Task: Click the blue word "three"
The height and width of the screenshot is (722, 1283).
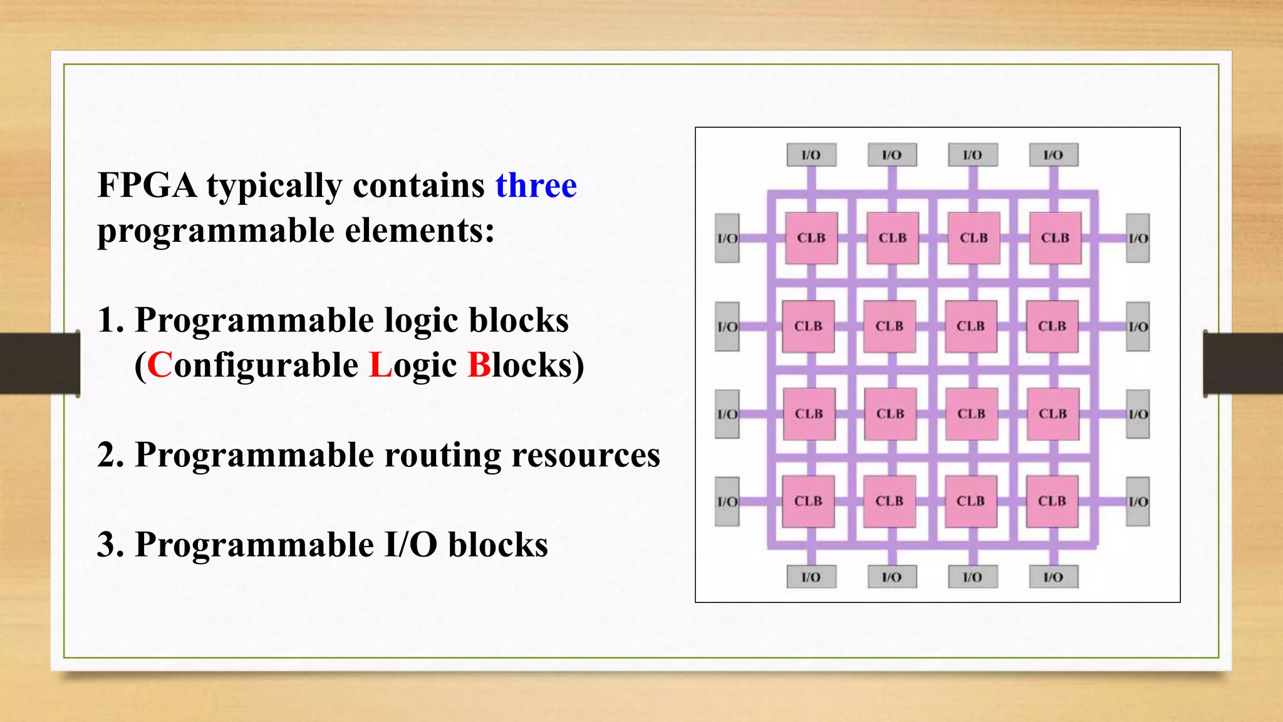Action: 536,186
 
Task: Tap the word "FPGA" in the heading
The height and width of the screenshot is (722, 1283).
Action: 147,186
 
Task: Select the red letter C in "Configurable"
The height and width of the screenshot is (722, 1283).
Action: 160,365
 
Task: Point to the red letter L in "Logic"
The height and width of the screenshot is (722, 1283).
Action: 380,365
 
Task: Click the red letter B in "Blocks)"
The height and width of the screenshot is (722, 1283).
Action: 479,365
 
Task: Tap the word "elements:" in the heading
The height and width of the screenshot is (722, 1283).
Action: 420,231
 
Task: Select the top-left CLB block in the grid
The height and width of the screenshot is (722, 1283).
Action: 811,238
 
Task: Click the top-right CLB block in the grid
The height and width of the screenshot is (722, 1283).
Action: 1055,238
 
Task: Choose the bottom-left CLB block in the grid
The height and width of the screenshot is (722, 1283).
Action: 808,501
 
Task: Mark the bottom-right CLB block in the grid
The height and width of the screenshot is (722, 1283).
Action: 1052,501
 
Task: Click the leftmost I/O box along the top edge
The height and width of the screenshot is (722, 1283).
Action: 811,155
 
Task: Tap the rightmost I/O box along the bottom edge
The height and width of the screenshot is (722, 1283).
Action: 1054,577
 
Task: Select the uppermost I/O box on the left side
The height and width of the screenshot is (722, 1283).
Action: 727,238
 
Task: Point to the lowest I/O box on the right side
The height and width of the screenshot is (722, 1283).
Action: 1138,501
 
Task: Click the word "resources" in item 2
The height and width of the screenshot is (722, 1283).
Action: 586,455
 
